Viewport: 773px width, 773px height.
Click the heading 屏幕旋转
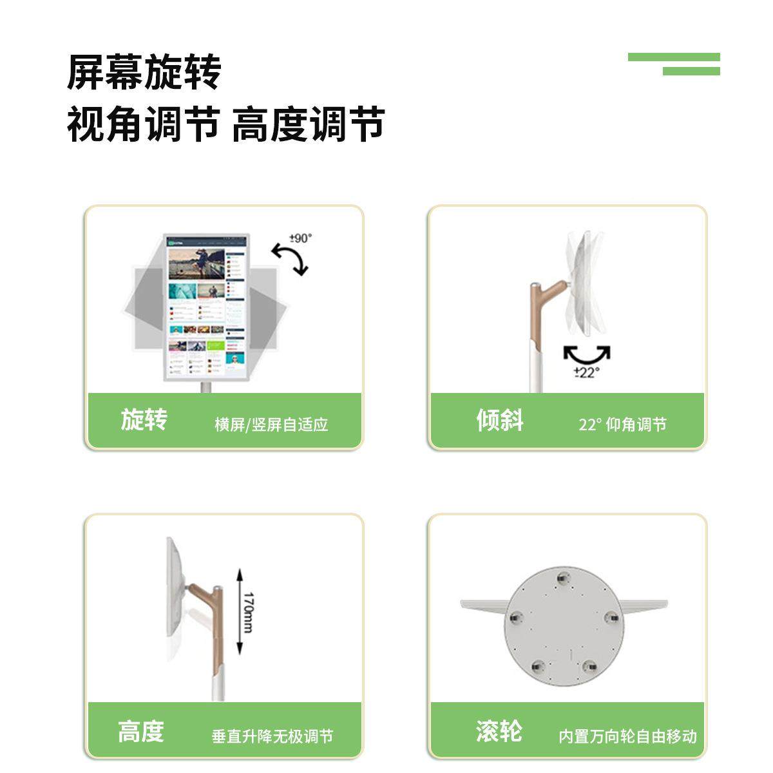point(144,72)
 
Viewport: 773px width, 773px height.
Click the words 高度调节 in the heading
point(308,124)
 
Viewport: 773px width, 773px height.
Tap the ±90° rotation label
point(301,238)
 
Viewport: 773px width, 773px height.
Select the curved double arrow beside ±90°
point(290,258)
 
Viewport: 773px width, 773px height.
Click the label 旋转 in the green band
point(144,419)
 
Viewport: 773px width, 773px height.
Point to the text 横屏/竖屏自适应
point(271,425)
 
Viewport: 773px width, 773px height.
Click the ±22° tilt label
point(587,372)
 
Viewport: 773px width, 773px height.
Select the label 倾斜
point(500,420)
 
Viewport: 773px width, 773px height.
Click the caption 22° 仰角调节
point(622,425)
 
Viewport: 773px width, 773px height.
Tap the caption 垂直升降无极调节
point(272,736)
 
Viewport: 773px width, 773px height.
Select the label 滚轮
point(499,732)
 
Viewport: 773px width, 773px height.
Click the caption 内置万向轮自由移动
point(627,736)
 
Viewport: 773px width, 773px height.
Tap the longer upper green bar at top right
point(673,57)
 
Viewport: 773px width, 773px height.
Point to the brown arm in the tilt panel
point(539,306)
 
